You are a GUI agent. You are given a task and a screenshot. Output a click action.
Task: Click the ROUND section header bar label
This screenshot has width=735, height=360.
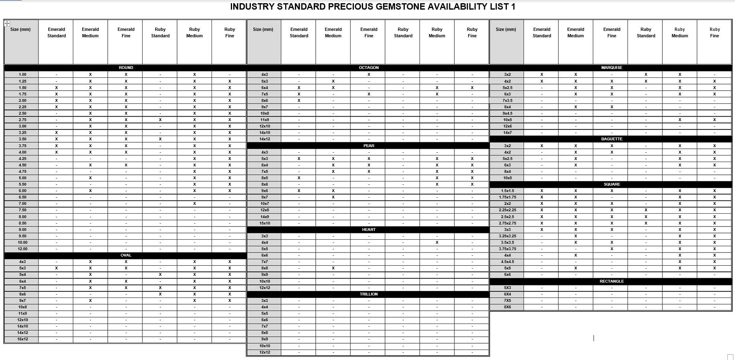pos(126,68)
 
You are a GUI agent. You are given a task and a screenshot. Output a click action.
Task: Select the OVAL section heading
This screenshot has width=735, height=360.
pos(126,255)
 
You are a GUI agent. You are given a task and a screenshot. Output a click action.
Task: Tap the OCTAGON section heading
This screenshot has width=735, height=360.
pos(369,68)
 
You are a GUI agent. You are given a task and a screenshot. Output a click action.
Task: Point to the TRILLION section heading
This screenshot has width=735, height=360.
pos(369,294)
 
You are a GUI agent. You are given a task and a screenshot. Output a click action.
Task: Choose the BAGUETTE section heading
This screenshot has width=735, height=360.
pos(612,139)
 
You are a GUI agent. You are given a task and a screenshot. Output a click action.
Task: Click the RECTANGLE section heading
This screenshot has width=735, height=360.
pos(612,281)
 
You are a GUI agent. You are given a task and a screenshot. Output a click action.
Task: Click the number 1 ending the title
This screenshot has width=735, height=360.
pos(513,7)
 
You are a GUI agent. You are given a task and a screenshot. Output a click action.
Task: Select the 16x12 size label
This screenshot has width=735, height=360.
pos(22,339)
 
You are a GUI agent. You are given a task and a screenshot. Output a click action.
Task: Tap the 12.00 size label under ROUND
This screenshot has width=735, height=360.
pos(22,249)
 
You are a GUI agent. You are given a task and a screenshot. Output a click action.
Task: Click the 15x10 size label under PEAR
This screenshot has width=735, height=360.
pos(265,223)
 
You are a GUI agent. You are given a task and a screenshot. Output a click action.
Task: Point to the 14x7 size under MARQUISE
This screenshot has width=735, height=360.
pos(507,133)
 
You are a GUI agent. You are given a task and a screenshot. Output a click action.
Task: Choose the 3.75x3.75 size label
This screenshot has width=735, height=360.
pos(507,249)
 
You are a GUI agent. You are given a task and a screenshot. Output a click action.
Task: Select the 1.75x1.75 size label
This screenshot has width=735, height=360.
pos(507,197)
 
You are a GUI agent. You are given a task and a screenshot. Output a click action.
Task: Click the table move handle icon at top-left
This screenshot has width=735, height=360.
pos(7,23)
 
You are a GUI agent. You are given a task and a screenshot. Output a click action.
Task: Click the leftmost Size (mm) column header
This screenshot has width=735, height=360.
pos(20,30)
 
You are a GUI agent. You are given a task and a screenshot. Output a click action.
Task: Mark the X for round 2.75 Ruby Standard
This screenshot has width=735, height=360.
pos(160,120)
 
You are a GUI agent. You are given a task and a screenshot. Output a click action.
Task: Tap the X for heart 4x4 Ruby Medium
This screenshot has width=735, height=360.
pos(437,243)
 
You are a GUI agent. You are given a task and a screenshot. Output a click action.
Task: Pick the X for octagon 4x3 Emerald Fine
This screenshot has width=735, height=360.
pos(369,75)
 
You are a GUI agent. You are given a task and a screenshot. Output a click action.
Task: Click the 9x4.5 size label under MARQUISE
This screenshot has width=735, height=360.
pos(507,113)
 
